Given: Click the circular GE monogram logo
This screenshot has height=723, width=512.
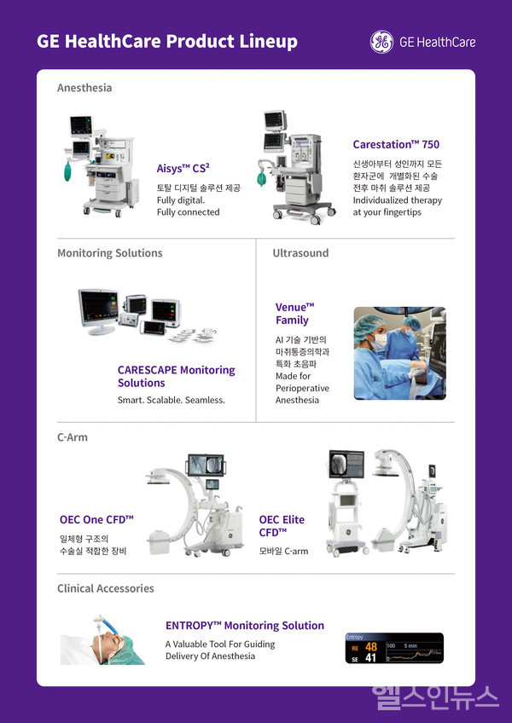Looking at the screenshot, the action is tap(381, 42).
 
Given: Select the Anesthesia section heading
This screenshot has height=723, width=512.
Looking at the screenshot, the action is tap(84, 88).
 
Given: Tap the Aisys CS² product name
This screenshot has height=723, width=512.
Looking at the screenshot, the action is tap(183, 168).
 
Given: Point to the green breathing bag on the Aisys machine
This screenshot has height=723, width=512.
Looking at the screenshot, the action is tap(68, 171).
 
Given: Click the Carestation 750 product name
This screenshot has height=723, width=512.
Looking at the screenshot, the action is tap(396, 144).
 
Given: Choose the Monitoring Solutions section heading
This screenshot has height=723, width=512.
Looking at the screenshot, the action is tap(110, 252).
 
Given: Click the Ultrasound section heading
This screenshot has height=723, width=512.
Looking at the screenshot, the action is tap(300, 252).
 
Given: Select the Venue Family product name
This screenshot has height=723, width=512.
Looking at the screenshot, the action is tap(294, 314).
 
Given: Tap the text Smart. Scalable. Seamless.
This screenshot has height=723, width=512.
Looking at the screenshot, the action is tap(172, 400).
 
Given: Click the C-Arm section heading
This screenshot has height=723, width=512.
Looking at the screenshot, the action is tap(73, 437).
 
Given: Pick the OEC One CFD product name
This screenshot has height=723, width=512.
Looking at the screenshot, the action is tap(96, 520).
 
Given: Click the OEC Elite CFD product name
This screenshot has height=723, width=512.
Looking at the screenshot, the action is tap(282, 526).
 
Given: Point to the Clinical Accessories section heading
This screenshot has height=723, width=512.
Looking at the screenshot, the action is tap(106, 588).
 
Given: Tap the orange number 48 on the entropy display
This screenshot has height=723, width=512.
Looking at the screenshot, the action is tap(370, 647).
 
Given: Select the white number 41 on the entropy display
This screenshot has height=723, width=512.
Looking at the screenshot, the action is tap(370, 658).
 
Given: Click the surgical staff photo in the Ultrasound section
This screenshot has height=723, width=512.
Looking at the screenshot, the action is tap(400, 353).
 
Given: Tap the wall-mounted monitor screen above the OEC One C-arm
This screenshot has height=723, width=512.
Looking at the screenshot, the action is tap(206, 466).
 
